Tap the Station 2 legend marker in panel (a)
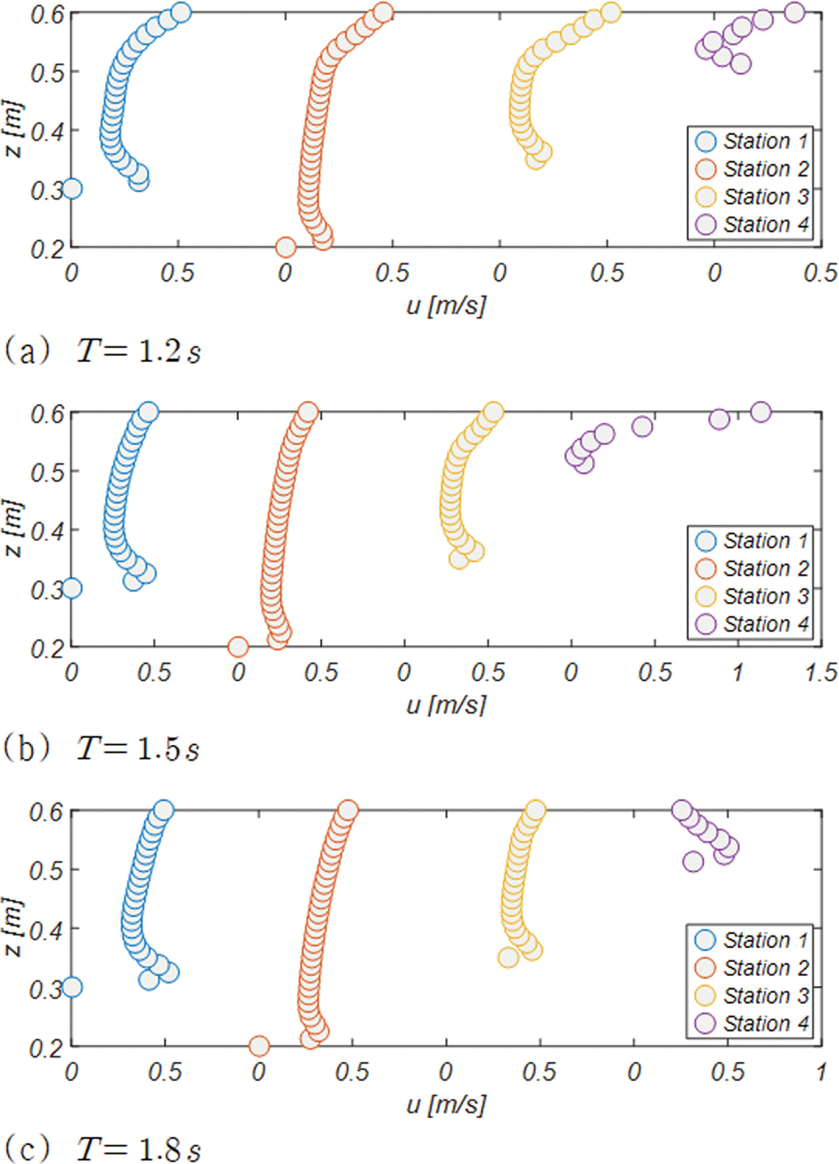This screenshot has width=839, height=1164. pyautogui.click(x=706, y=169)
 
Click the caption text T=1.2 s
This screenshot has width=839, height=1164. pyautogui.click(x=138, y=351)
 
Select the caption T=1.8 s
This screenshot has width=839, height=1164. pyautogui.click(x=138, y=1148)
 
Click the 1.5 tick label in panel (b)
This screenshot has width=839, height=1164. pyautogui.click(x=821, y=672)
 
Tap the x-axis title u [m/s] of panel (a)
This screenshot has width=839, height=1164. pyautogui.click(x=446, y=306)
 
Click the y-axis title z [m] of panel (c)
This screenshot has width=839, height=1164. pyautogui.click(x=14, y=927)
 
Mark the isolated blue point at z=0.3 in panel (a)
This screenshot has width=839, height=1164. pyautogui.click(x=72, y=188)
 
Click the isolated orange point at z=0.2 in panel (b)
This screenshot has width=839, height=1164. pyautogui.click(x=238, y=646)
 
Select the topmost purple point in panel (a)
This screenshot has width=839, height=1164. pyautogui.click(x=794, y=12)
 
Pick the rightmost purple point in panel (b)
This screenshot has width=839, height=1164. pyautogui.click(x=761, y=412)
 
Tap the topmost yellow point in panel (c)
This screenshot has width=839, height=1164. pyautogui.click(x=535, y=810)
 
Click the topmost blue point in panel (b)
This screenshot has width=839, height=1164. pyautogui.click(x=148, y=412)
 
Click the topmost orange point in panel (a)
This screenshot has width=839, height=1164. pyautogui.click(x=383, y=12)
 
